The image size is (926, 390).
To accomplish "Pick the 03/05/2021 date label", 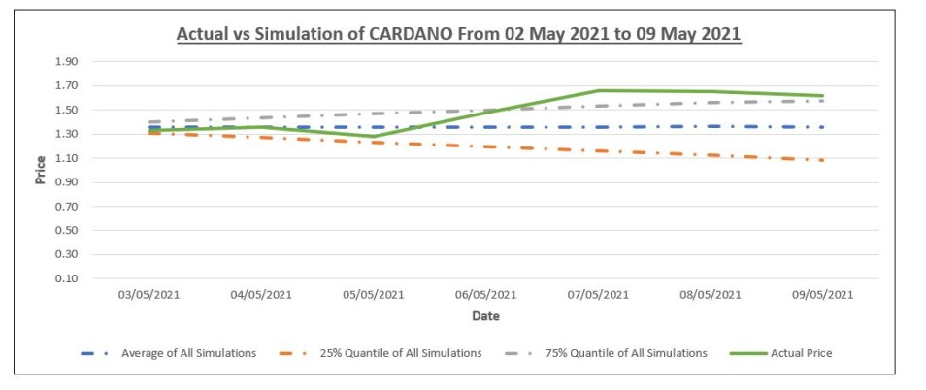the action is [x=149, y=295].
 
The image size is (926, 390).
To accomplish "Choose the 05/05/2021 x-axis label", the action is [x=374, y=295].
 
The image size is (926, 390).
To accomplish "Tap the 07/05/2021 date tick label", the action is [x=598, y=295].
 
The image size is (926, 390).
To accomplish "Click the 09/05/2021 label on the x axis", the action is [x=823, y=295].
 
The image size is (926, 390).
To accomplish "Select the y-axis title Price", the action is [x=41, y=170].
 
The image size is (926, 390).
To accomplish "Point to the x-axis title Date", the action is [x=485, y=316].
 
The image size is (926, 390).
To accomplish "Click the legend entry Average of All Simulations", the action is [x=168, y=353].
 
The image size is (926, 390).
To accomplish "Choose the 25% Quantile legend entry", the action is [x=380, y=353].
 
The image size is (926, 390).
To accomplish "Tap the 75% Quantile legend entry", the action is [x=605, y=353].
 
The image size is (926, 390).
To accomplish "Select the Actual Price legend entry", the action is [x=780, y=353].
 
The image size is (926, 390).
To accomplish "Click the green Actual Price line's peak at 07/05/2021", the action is [x=598, y=90].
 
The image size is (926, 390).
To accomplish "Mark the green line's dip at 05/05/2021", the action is [x=374, y=136].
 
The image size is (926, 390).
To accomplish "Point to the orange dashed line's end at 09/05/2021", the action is [x=822, y=160].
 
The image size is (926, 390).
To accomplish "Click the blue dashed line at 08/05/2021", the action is [x=711, y=126].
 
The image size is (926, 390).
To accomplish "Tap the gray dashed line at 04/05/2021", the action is [x=261, y=117].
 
